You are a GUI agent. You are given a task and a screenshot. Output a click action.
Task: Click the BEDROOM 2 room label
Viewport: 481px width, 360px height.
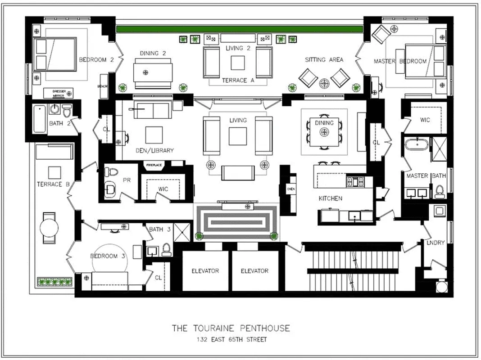[x=96, y=59]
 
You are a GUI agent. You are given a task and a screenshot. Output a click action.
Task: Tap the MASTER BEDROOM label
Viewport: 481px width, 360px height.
[x=400, y=61]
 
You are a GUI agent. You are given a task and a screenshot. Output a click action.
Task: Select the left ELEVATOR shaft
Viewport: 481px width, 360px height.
[x=205, y=271]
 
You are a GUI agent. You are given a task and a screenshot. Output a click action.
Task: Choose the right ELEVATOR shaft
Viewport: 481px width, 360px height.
[x=254, y=271]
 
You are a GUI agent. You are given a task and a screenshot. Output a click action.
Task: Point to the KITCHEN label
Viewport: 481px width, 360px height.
[x=331, y=198]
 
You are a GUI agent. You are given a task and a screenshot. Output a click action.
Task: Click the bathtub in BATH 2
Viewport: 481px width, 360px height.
[x=39, y=118]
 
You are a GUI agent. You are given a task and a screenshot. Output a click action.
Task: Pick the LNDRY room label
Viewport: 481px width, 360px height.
[x=436, y=243]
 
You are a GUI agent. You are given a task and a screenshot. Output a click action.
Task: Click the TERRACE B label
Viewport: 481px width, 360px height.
[x=53, y=184]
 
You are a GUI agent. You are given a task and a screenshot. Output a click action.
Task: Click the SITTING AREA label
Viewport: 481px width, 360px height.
[x=324, y=60]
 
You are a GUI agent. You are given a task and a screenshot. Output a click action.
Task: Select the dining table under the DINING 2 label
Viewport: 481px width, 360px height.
[x=153, y=72]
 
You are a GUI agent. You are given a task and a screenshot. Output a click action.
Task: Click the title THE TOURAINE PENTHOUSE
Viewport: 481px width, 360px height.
[x=231, y=328]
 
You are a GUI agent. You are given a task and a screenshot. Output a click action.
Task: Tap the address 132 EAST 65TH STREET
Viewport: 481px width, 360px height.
[x=231, y=339]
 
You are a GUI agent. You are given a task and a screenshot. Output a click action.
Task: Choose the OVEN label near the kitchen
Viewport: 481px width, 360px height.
[x=290, y=189]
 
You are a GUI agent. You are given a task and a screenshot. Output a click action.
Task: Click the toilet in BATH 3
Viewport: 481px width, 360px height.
[x=166, y=249]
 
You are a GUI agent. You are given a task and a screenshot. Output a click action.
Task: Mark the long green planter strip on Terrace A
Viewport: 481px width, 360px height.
[x=240, y=29]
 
